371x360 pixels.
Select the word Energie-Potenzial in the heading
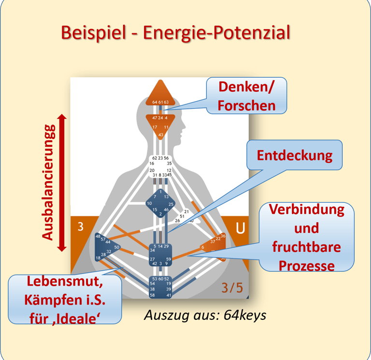click(218, 33)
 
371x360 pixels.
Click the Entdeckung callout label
click(294, 155)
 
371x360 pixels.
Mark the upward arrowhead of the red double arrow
click(61, 117)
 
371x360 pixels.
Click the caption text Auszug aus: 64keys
click(205, 315)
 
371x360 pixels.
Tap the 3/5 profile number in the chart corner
click(232, 288)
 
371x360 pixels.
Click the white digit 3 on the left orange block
click(80, 227)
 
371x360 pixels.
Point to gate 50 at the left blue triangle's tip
click(117, 247)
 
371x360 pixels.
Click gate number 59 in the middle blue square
click(168, 259)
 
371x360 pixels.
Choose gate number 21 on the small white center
click(186, 212)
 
